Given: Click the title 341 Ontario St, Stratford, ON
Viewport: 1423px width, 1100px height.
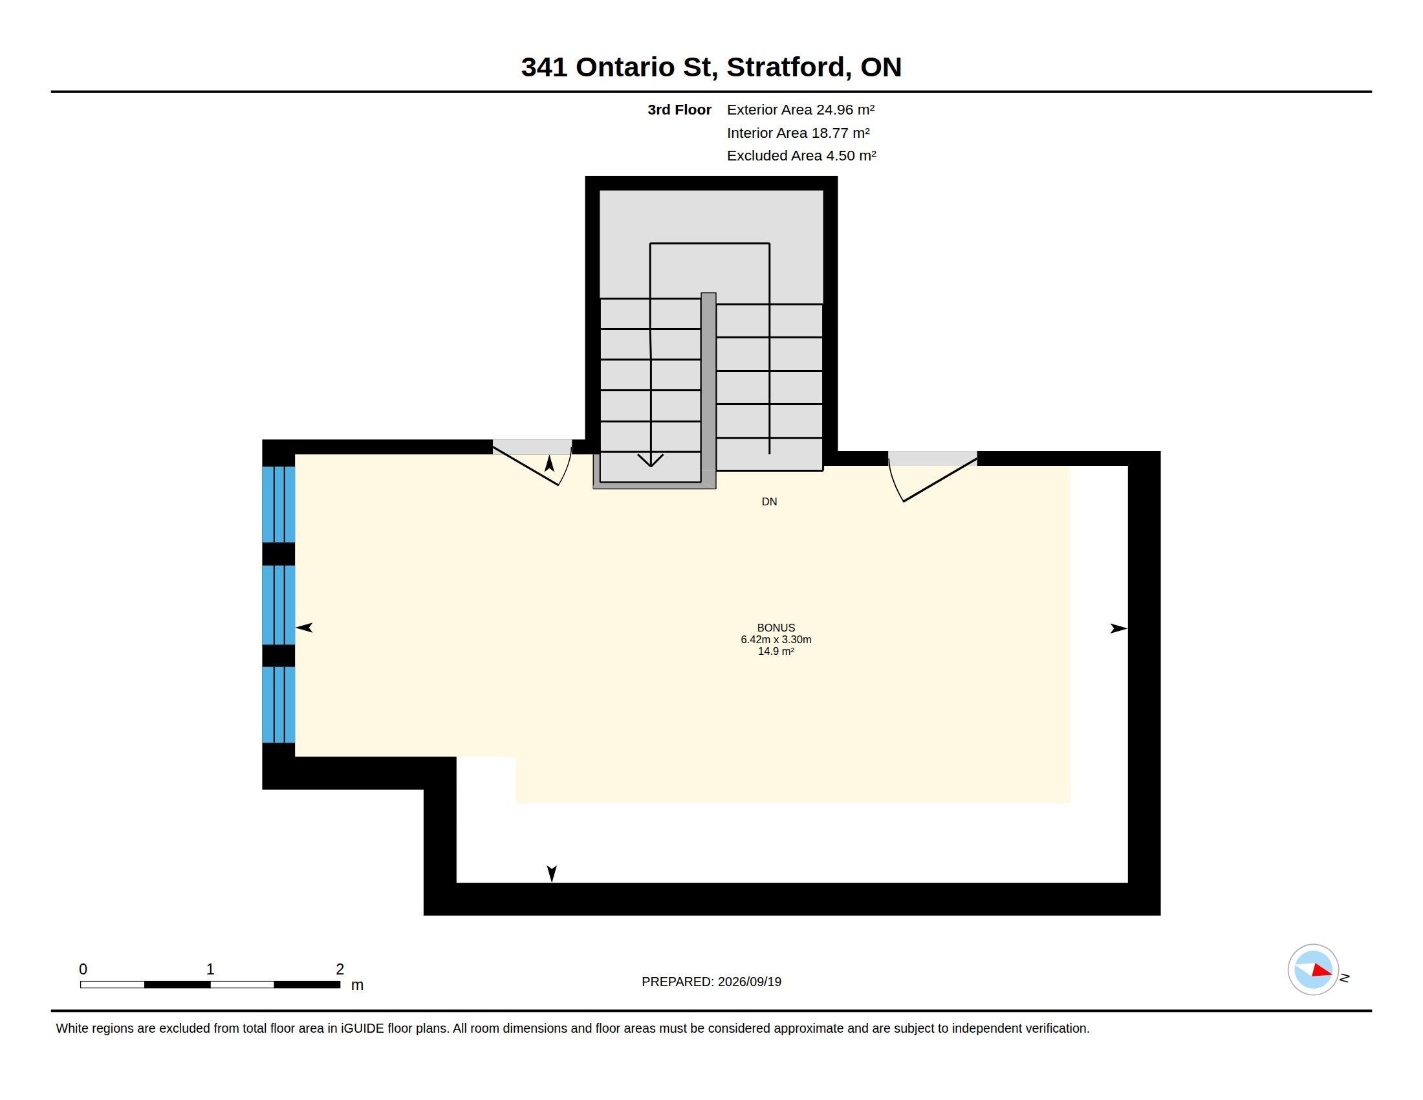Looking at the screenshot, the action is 711,67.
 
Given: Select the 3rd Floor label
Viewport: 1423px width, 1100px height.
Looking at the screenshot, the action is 679,109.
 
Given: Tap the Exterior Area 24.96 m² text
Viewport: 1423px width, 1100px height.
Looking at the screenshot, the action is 801,109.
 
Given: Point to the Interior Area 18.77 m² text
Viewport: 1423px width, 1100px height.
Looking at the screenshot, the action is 798,133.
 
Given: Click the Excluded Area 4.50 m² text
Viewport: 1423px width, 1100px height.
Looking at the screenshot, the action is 801,156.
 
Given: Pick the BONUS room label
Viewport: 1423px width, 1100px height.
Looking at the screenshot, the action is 776,628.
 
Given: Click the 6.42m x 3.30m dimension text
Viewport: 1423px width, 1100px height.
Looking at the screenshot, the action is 776,639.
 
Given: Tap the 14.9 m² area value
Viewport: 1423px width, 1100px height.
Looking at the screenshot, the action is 776,651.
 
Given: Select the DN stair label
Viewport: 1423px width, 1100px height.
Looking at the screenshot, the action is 770,501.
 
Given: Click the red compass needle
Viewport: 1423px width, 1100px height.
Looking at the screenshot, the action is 1322,971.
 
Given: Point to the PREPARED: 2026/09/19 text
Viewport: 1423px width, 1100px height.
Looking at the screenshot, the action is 711,982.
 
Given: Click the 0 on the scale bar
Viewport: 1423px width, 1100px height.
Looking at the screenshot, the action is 83,969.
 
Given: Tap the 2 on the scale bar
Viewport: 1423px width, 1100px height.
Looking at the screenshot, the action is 340,969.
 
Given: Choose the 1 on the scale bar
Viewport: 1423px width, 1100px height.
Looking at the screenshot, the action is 210,969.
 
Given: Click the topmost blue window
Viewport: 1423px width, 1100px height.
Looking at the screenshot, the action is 278,505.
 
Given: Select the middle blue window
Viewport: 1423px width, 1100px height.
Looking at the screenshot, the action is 278,605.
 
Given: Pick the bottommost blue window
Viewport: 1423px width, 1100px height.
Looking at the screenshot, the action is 278,705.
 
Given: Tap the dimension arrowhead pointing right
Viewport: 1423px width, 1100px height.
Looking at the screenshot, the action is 1119,628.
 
